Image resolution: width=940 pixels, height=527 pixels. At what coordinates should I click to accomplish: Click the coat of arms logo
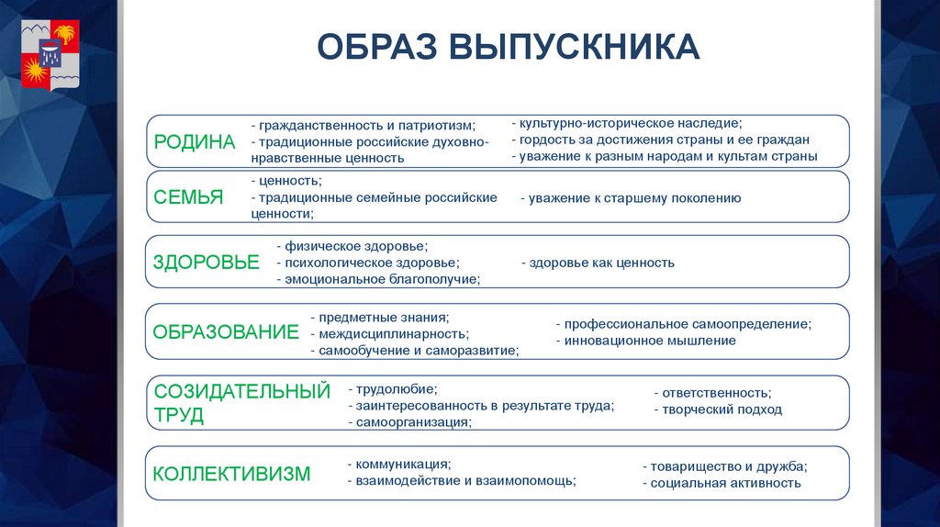tap(50, 57)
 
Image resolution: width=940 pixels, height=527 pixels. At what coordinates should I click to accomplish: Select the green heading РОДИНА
tap(195, 141)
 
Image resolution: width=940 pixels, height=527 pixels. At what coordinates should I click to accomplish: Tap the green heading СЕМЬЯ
tap(188, 196)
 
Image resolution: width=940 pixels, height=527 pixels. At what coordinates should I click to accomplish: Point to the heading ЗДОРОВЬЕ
tap(207, 262)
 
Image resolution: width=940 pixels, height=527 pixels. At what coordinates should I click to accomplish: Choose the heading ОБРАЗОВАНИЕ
tap(226, 331)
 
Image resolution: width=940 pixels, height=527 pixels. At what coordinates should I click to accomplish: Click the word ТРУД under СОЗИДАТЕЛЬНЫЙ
tap(179, 415)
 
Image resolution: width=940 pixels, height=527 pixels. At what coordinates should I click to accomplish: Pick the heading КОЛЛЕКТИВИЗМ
tap(231, 474)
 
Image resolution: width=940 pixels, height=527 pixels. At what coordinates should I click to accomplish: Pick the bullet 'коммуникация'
tap(399, 464)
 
